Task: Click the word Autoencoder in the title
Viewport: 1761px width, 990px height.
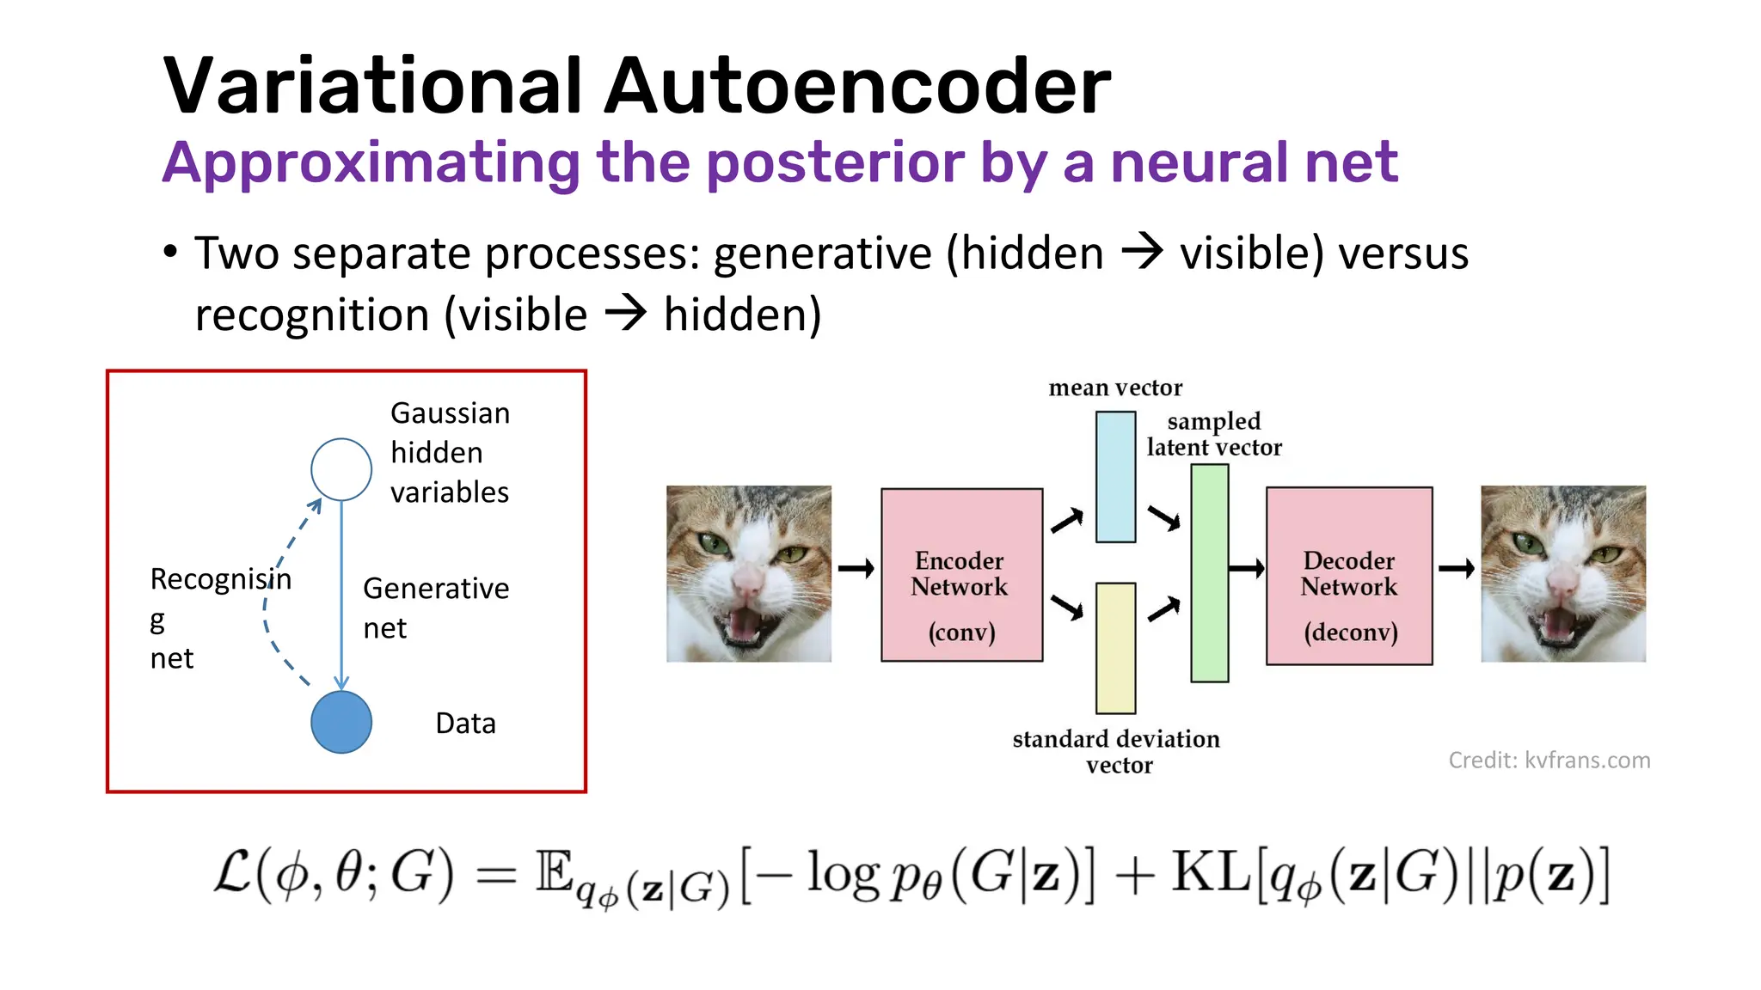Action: pyautogui.click(x=856, y=86)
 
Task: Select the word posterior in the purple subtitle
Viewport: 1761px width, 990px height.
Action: pyautogui.click(x=834, y=163)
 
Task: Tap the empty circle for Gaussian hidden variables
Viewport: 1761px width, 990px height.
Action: pyautogui.click(x=341, y=469)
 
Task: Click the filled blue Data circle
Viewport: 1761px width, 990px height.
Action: pyautogui.click(x=341, y=722)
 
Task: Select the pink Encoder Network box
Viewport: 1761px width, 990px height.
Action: pyautogui.click(x=961, y=574)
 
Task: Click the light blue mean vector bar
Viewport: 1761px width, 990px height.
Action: pyautogui.click(x=1115, y=477)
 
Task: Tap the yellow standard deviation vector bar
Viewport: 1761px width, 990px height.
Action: pyautogui.click(x=1115, y=648)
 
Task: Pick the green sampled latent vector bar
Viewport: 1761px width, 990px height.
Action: pyautogui.click(x=1209, y=573)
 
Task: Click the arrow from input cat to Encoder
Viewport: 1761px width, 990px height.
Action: pyautogui.click(x=856, y=568)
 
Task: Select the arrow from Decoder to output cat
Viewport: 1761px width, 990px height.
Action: pyautogui.click(x=1456, y=568)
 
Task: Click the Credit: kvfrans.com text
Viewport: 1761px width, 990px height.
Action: pyautogui.click(x=1549, y=760)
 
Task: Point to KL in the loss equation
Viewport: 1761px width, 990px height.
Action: pyautogui.click(x=1211, y=873)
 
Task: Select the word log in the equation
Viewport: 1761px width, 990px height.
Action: pyautogui.click(x=843, y=875)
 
